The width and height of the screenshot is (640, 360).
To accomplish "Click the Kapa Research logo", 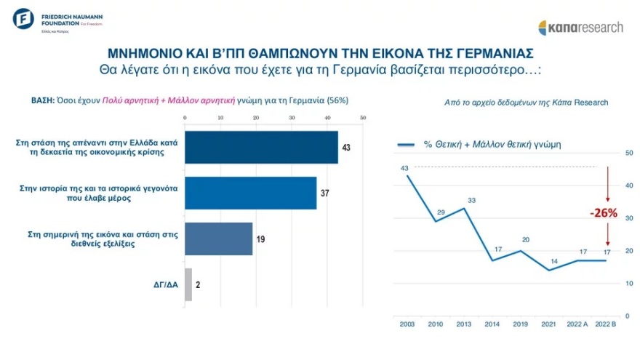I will pos(580,27).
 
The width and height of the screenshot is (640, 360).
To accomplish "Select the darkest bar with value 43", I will pos(261,148).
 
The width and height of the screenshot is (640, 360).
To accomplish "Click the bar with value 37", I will pos(251,193).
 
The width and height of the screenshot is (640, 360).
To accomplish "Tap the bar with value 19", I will pos(219,239).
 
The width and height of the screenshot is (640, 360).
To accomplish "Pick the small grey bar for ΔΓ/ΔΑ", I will pos(188,284).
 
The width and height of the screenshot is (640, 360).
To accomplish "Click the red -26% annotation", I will pos(604,214).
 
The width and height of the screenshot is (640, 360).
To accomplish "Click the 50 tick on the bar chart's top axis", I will pos(362,118).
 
